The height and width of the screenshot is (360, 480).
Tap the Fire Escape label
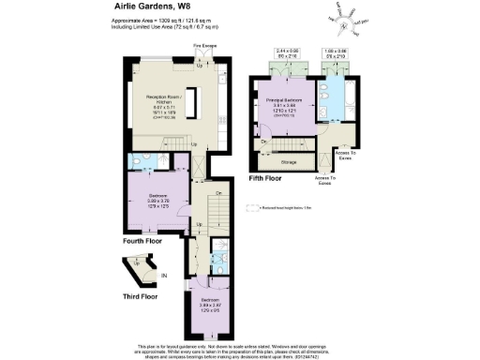[205, 44]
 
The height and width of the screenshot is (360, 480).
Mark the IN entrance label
[164, 275]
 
